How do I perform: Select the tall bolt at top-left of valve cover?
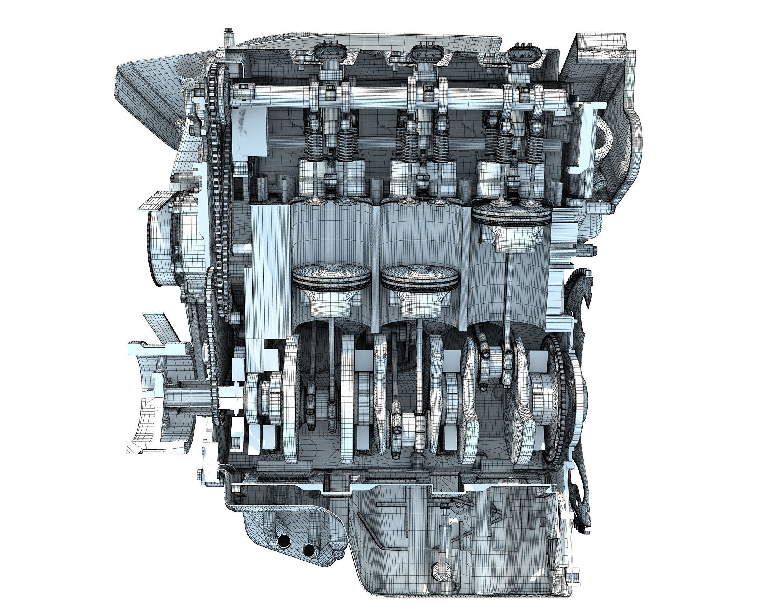[229, 36]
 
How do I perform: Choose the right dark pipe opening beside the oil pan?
[308, 550]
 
